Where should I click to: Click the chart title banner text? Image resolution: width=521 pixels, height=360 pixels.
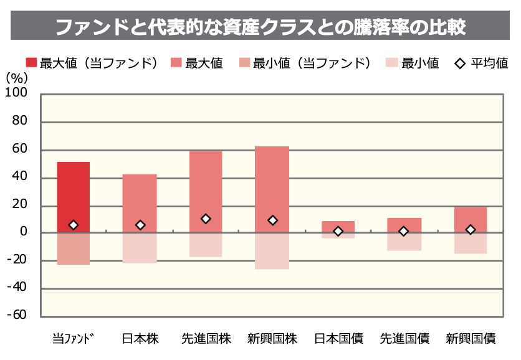coord(260,27)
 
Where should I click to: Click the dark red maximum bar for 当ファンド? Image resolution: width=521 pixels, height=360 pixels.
coord(74,193)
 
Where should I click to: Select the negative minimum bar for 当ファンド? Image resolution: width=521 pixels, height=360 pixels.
coord(74,249)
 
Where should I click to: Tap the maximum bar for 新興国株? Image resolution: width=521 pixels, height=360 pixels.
coord(272,181)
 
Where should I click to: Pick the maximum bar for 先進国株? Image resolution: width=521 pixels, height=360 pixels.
coord(206,184)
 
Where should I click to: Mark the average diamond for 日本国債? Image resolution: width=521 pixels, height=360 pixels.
coord(338,231)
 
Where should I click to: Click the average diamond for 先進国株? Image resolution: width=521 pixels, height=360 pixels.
coord(206,219)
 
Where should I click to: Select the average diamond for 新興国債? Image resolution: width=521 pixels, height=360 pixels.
coord(471,230)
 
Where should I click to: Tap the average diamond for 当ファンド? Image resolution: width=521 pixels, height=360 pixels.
coord(74,225)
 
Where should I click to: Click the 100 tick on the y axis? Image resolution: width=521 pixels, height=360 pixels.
coord(17,93)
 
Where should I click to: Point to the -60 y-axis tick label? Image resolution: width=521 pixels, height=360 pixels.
coord(17,315)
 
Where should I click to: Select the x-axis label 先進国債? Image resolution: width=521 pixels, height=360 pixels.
coord(404,339)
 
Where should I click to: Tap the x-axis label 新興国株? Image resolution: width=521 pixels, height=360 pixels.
coord(272,339)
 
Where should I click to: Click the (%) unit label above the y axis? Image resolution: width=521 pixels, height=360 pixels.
coord(16,78)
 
